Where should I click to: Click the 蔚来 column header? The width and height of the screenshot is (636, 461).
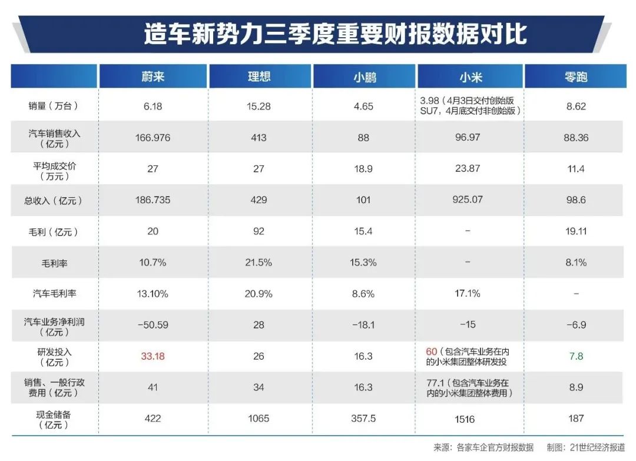[x=153, y=77]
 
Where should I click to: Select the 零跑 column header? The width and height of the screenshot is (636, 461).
[x=575, y=77]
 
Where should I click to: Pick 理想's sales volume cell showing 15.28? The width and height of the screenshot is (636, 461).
[x=259, y=107]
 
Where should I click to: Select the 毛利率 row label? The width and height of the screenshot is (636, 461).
[x=54, y=263]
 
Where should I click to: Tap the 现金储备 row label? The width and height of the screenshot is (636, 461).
[x=54, y=419]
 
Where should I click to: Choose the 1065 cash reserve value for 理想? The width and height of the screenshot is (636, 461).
[x=259, y=419]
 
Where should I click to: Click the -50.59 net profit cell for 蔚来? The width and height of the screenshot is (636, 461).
[x=153, y=325]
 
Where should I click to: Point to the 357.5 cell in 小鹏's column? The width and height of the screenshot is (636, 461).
[x=364, y=419]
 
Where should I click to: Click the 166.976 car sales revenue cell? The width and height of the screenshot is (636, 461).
[x=153, y=138]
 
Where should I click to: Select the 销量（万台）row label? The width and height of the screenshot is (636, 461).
[x=54, y=107]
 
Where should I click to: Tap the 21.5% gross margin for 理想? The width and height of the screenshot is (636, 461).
[x=259, y=263]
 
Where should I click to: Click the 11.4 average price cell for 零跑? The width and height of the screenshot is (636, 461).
[x=575, y=169]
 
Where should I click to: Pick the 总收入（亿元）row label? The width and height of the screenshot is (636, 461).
[x=54, y=200]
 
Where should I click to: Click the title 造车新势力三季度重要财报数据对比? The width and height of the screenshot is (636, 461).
[x=335, y=34]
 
